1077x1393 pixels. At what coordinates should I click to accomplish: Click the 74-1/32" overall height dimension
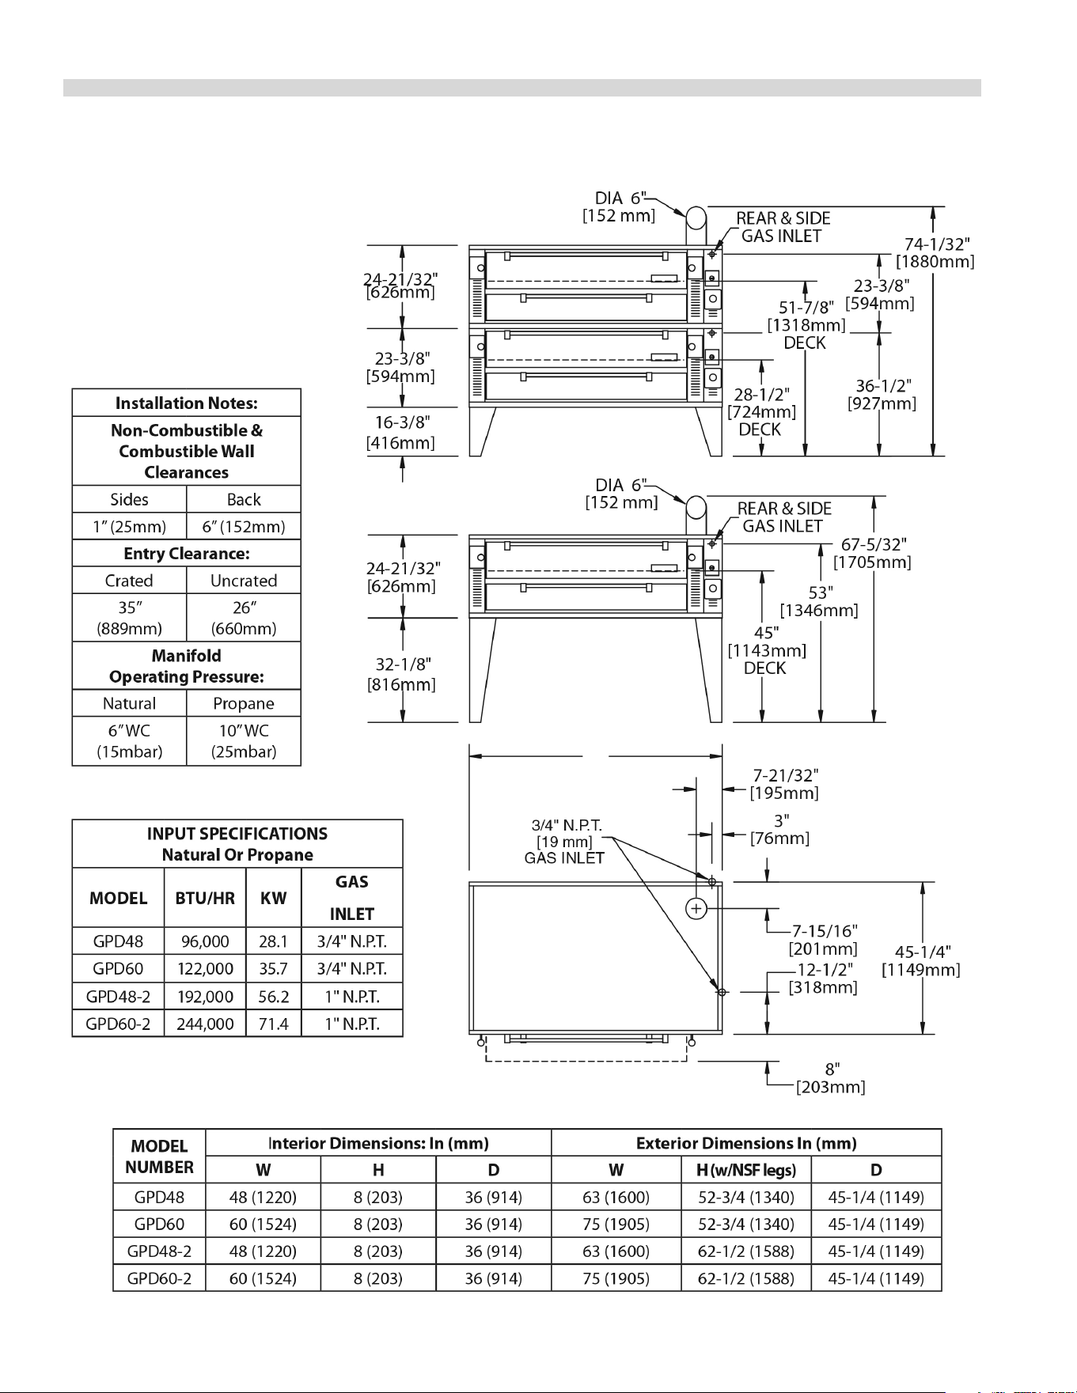[935, 252]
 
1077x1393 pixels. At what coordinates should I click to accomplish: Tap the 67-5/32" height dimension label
[873, 553]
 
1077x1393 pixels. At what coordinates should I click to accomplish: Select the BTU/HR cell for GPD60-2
[205, 1024]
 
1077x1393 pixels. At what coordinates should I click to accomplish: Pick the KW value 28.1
[273, 941]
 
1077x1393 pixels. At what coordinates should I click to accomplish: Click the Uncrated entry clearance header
[244, 581]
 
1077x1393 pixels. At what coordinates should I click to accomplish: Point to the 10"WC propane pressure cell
[244, 741]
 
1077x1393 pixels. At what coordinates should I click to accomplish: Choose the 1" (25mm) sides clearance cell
[130, 526]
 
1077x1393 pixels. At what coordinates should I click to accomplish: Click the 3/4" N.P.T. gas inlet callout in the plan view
[565, 842]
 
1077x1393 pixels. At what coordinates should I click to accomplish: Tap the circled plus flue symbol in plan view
[696, 908]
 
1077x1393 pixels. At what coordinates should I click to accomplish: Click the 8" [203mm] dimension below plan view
[831, 1078]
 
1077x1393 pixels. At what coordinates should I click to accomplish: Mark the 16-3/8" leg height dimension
[401, 432]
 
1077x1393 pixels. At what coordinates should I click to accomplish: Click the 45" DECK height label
[767, 650]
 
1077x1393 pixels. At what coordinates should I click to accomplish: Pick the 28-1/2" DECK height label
[761, 411]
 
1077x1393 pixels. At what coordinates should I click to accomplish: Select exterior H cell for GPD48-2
[746, 1251]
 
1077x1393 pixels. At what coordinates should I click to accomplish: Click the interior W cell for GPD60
[263, 1225]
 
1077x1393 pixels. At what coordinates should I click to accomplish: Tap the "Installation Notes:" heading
[187, 403]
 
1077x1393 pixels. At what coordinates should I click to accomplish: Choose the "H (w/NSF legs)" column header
[746, 1170]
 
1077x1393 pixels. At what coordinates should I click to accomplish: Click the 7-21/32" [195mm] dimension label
[785, 784]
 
